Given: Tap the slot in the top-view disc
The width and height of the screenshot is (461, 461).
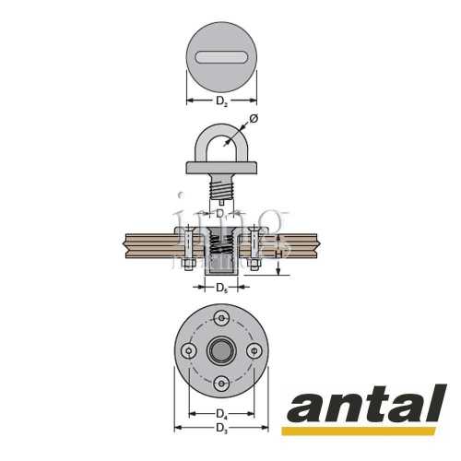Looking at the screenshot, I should [221, 57].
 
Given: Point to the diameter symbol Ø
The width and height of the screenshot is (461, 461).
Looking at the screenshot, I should [254, 119].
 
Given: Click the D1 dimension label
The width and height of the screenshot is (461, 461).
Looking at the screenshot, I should [220, 213].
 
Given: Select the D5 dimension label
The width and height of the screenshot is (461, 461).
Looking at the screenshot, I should [221, 289].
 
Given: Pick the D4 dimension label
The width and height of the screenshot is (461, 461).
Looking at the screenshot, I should [221, 412].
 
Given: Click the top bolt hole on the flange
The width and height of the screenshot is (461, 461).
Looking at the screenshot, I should [221, 318].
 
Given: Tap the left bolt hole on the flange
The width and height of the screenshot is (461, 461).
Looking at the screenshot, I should [188, 351].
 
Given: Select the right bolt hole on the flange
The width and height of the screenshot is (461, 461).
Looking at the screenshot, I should [254, 351].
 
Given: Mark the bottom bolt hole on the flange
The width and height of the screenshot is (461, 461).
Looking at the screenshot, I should [221, 384].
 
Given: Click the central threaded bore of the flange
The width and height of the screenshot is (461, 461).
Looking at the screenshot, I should [221, 351].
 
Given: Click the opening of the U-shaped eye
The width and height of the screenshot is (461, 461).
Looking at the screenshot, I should [221, 148].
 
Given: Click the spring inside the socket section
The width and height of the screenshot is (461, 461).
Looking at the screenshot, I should [221, 246].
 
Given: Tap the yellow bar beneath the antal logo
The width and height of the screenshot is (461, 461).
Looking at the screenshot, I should [360, 431].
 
